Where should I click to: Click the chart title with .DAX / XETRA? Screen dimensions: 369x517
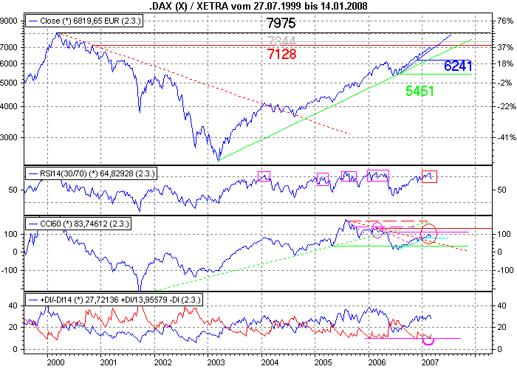258,7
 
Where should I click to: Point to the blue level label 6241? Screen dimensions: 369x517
459,66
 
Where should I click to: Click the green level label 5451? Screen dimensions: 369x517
419,92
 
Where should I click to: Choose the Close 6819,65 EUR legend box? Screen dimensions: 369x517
83,21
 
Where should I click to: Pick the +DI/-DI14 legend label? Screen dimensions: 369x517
114,300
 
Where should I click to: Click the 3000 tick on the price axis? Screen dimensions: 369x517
13,137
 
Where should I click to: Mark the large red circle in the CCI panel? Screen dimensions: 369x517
429,233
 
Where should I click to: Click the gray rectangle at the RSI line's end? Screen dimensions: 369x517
428,176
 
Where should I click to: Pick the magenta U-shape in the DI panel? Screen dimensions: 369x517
427,340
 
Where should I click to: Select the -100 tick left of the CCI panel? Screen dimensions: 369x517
13,270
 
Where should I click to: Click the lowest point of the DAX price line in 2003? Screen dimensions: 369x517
218,159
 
